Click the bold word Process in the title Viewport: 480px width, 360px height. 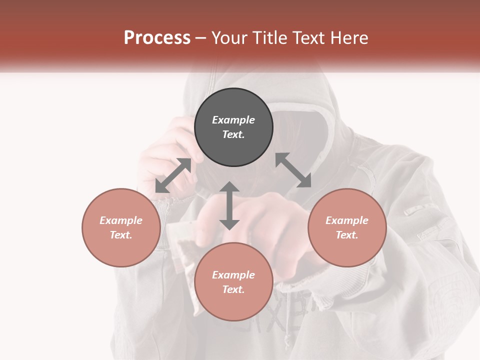pos(157,38)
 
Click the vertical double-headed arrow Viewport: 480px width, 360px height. pos(229,205)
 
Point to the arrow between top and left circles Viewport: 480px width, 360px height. pos(173,175)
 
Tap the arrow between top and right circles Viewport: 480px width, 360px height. pos(293,170)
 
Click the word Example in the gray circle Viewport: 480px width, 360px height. pos(233,120)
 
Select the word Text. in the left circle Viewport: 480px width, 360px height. pos(121,235)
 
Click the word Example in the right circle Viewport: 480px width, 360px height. pos(347,220)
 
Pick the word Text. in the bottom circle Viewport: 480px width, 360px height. pos(233,289)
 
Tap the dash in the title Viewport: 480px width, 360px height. pos(201,38)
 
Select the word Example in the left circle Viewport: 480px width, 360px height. pos(121,220)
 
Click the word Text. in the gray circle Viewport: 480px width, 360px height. pos(233,134)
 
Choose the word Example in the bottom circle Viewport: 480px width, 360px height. pos(233,275)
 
